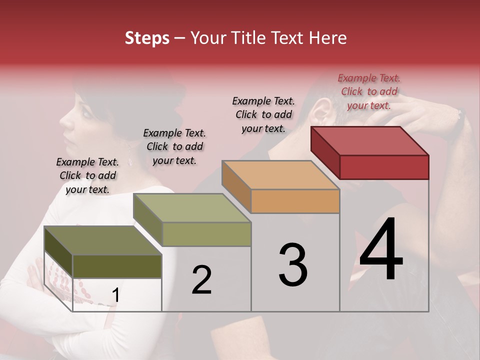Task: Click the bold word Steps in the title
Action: point(147,38)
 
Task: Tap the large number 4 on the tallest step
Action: point(381,250)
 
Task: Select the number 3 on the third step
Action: point(293,265)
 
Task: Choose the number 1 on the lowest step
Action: point(115,295)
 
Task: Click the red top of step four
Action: point(369,141)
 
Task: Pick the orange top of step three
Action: point(280,175)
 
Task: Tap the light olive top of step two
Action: point(191,208)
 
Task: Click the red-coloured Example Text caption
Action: point(369,91)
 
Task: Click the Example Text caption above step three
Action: point(263,114)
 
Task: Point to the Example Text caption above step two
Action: point(174,146)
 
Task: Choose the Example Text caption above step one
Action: point(87,175)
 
